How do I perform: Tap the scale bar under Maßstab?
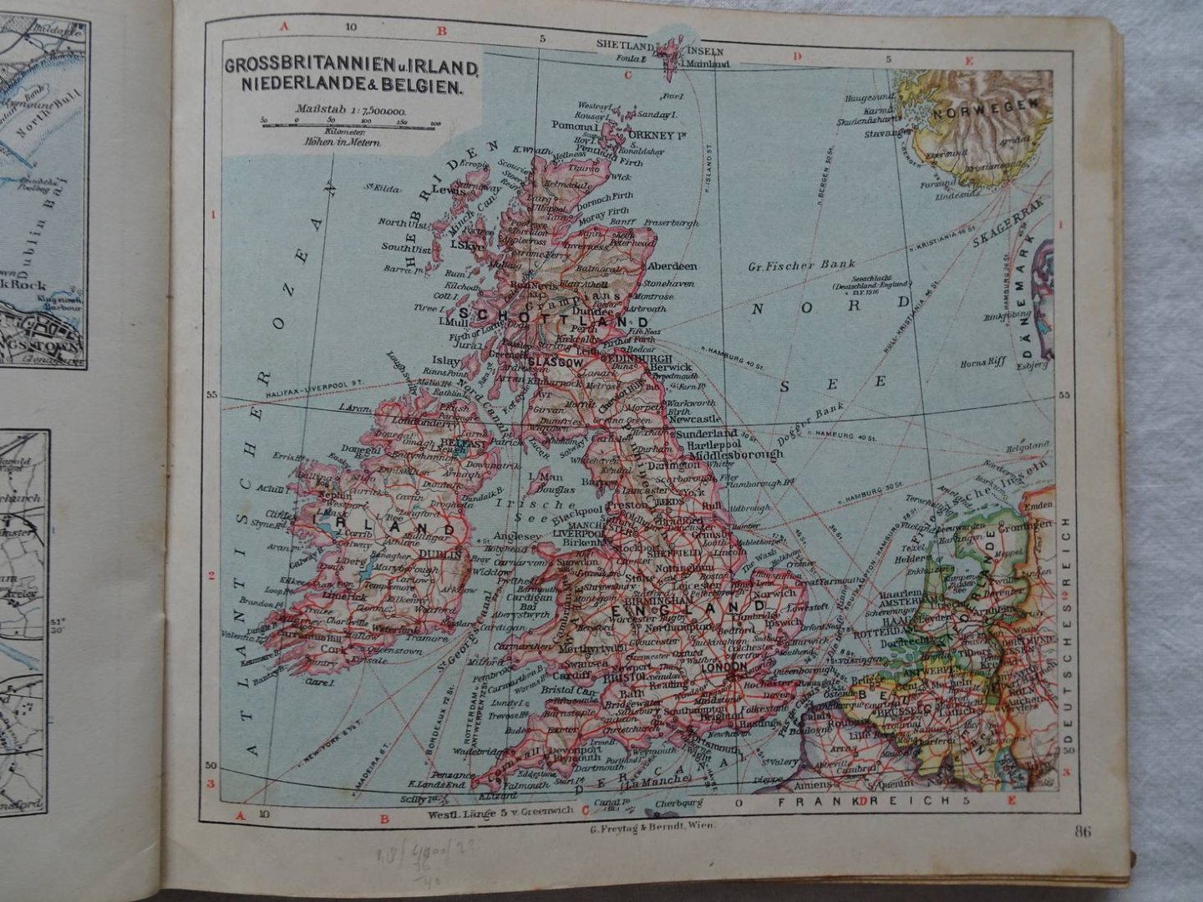click(350, 123)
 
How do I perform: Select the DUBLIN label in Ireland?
click(444, 554)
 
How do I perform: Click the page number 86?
click(1085, 829)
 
